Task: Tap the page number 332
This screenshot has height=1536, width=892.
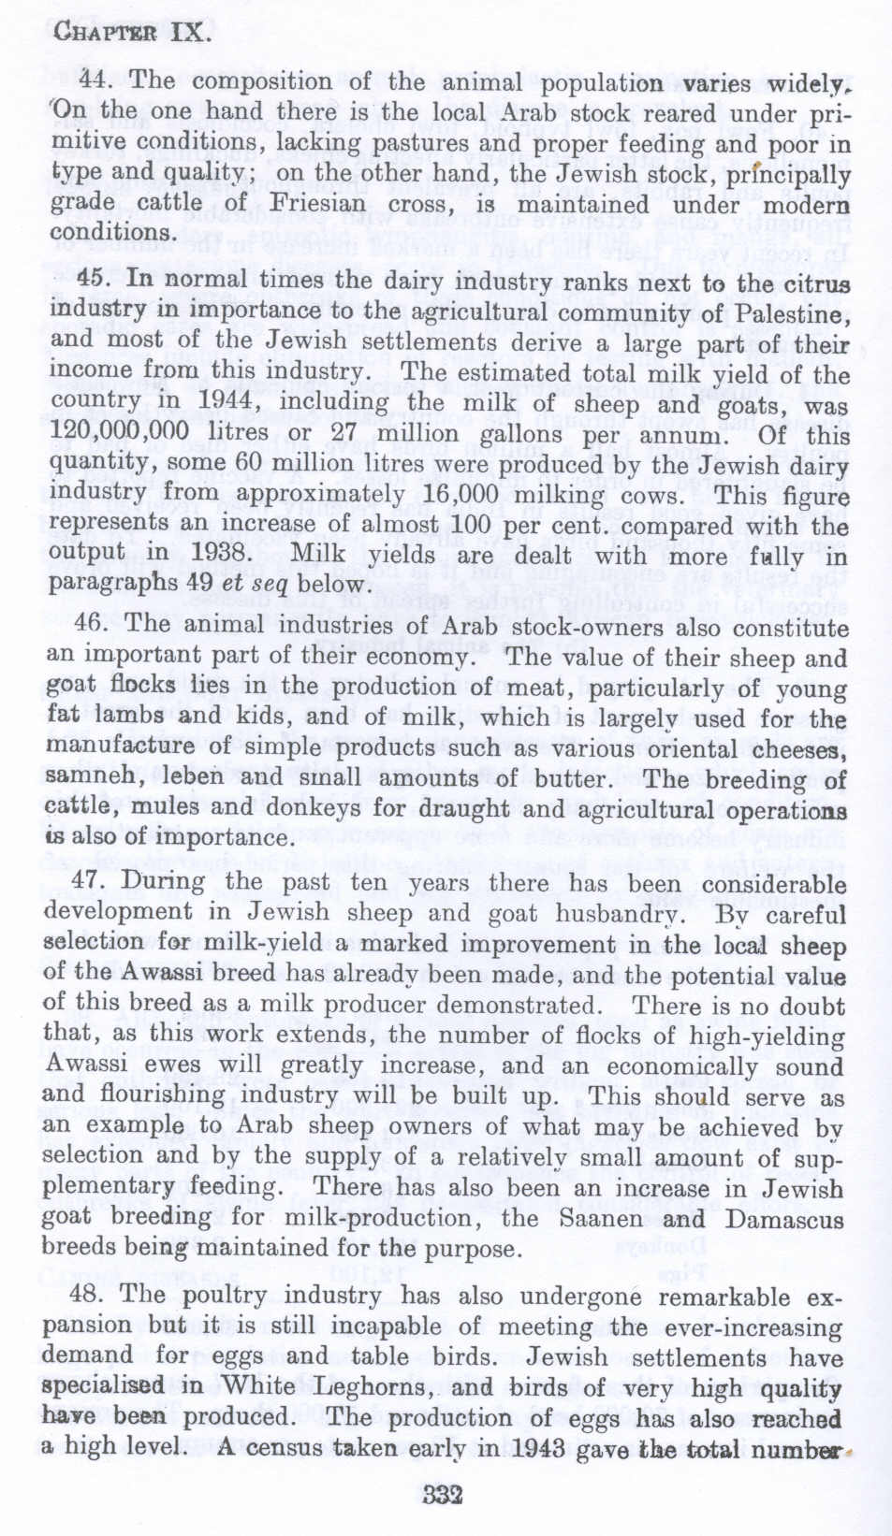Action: (x=443, y=1494)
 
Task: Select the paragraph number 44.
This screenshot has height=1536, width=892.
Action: (x=95, y=80)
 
